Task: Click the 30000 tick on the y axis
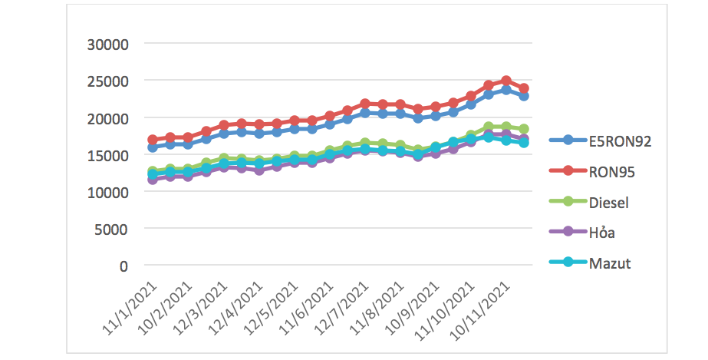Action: click(x=107, y=45)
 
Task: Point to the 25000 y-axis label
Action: click(x=107, y=81)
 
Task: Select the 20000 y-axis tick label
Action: click(x=107, y=118)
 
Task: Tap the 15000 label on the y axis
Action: click(x=107, y=155)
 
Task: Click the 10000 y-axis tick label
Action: click(x=107, y=192)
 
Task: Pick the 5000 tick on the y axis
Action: click(x=111, y=229)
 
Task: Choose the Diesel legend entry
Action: click(x=610, y=202)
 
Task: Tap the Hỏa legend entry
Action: click(x=603, y=233)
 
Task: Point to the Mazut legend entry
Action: click(x=610, y=263)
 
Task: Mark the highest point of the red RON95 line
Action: click(x=506, y=81)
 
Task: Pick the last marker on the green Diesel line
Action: click(x=524, y=129)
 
